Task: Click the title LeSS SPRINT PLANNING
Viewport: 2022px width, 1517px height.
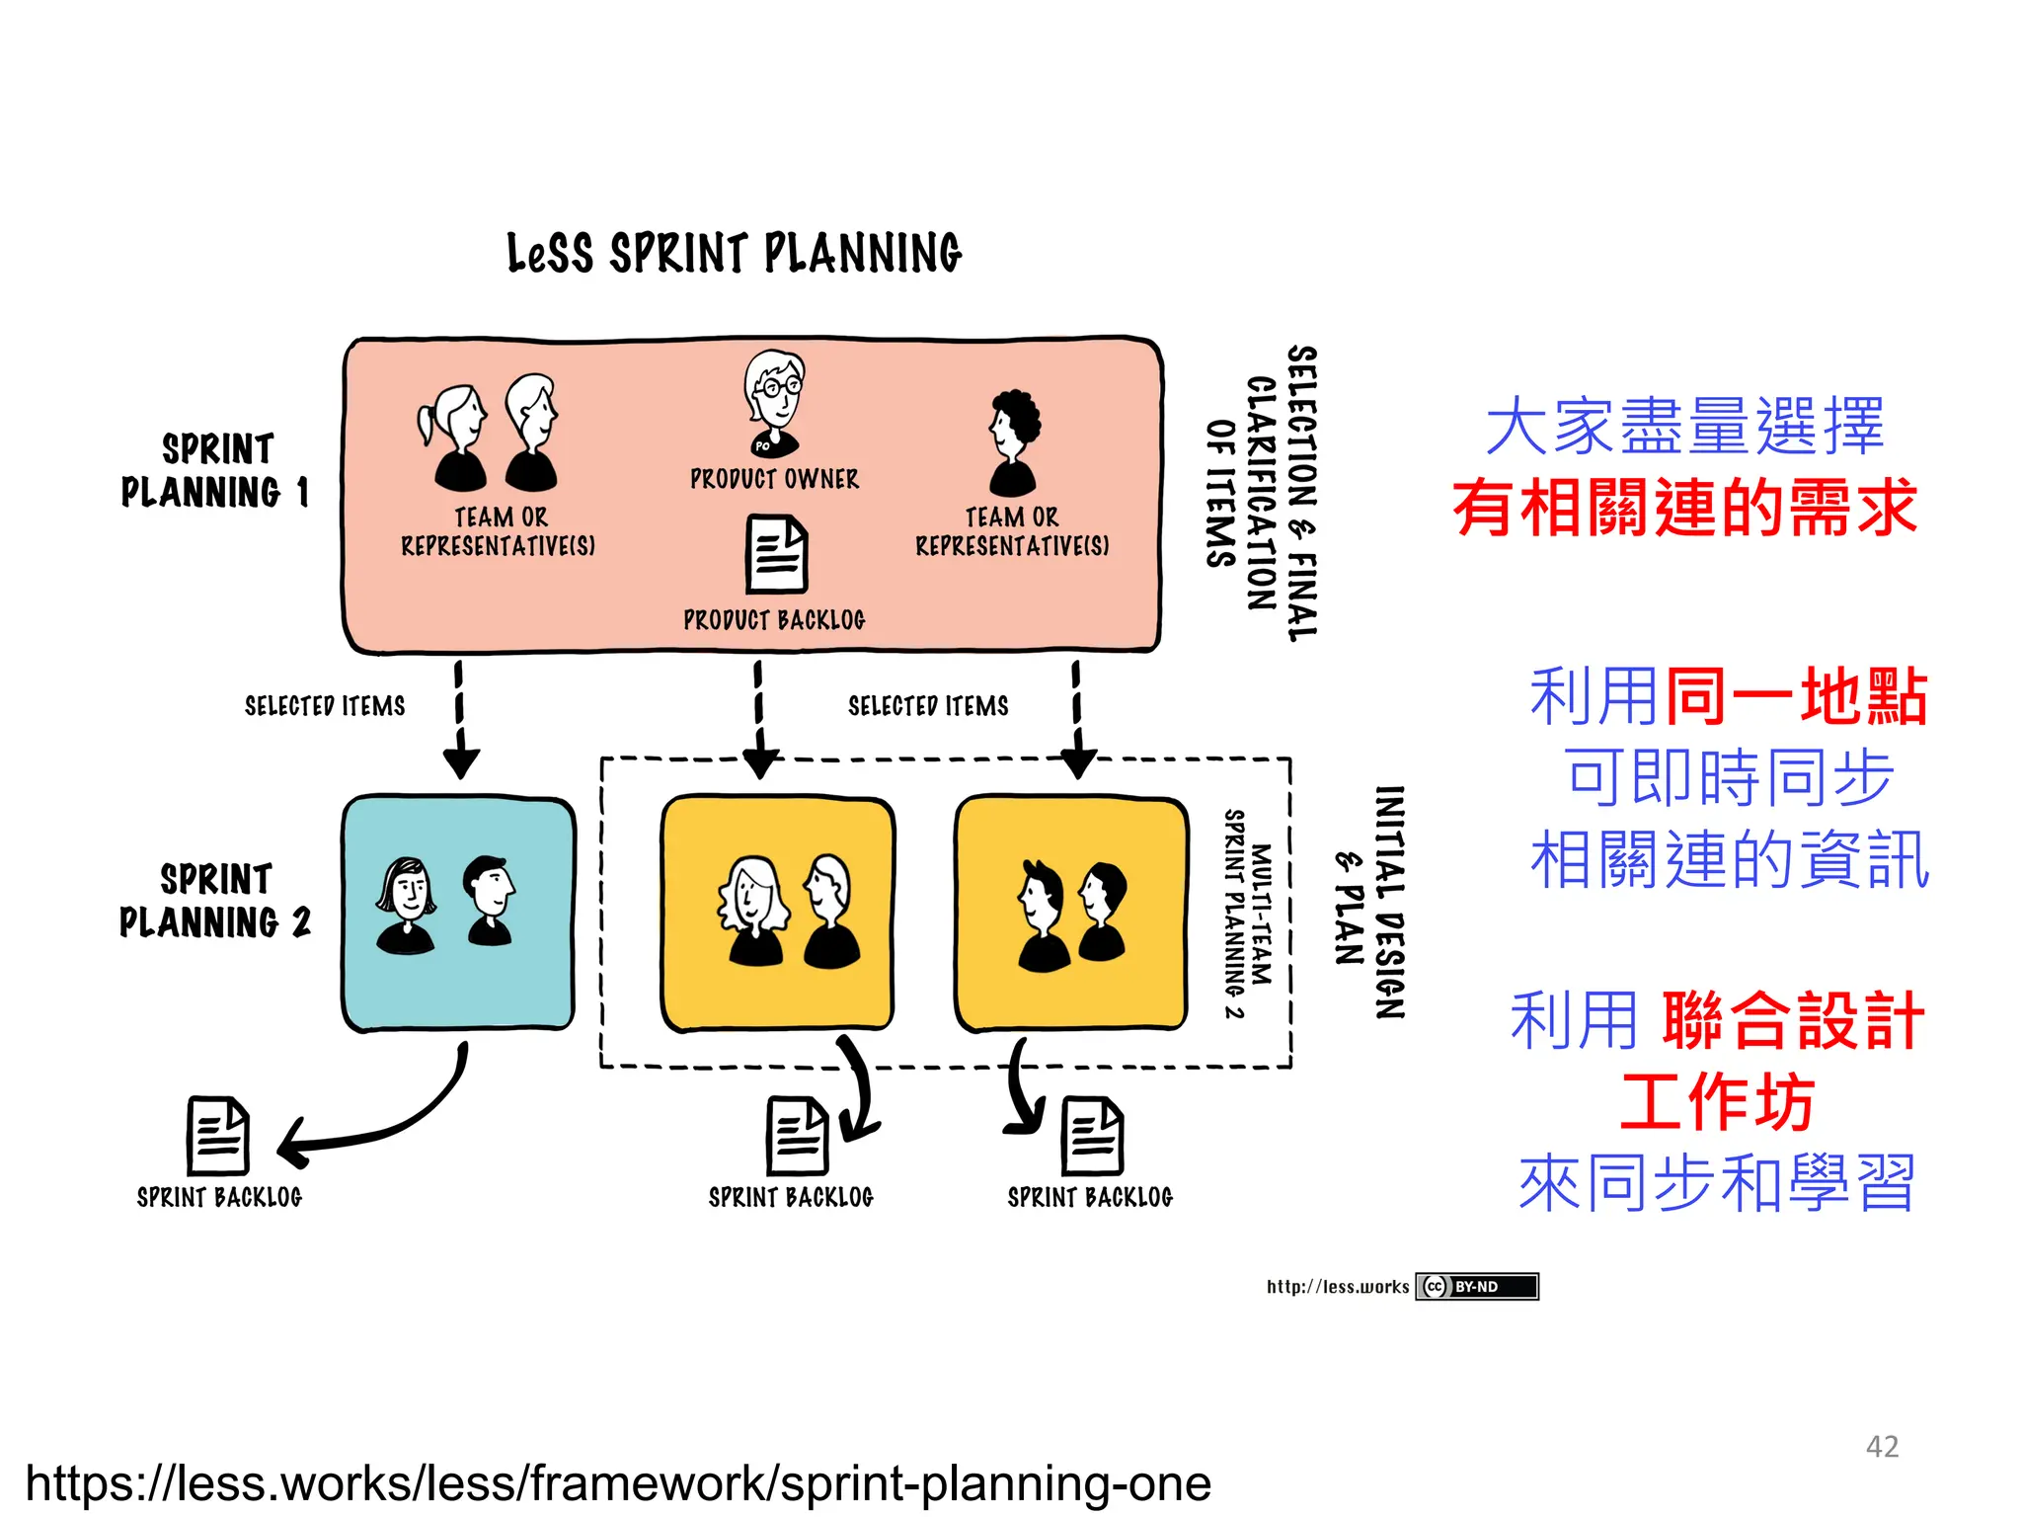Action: click(x=734, y=253)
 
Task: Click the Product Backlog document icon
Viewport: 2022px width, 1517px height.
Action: click(x=776, y=554)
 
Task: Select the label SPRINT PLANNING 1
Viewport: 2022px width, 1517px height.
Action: click(x=215, y=470)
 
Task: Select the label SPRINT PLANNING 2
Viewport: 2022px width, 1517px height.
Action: click(x=215, y=901)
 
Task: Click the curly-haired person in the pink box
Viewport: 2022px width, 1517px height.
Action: click(x=1014, y=440)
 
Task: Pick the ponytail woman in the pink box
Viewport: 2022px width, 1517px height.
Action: click(x=453, y=438)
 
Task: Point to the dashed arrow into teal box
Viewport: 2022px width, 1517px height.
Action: click(x=460, y=720)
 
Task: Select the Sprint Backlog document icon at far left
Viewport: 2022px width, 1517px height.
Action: click(x=218, y=1136)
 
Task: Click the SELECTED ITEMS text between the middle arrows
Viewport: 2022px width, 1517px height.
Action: click(x=928, y=706)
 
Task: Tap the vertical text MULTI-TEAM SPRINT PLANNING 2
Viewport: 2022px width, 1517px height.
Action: click(x=1248, y=913)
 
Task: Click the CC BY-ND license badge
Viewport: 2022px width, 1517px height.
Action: click(x=1476, y=1286)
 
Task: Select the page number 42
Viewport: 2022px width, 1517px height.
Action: click(x=1882, y=1446)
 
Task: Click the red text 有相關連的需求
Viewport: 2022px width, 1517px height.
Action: click(x=1684, y=508)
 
